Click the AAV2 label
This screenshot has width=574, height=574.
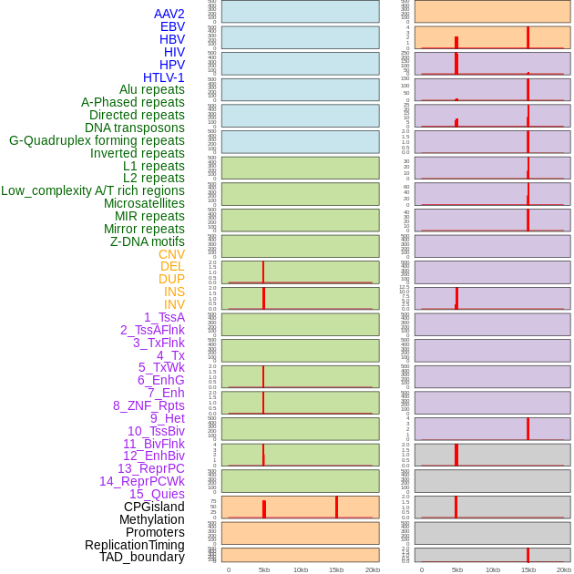point(169,15)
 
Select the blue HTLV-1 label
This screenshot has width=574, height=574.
point(163,77)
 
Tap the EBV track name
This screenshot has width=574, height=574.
point(172,27)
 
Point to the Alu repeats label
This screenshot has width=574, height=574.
point(151,90)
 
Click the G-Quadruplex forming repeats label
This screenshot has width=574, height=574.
point(97,140)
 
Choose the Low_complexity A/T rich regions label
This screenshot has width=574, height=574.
point(92,190)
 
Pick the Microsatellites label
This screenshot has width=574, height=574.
point(144,203)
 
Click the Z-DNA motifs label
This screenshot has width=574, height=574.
point(147,241)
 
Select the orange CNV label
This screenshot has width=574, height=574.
point(171,254)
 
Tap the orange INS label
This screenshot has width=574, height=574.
point(174,292)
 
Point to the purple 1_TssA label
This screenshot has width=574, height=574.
point(164,317)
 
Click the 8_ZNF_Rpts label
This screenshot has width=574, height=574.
point(149,405)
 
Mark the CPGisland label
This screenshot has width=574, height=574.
point(154,507)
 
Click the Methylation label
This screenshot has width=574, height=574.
point(151,519)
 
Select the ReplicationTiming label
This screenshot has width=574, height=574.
point(134,545)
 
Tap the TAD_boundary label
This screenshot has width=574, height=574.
point(141,557)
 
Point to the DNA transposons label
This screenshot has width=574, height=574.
point(134,128)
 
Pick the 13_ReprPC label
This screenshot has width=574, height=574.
point(150,468)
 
